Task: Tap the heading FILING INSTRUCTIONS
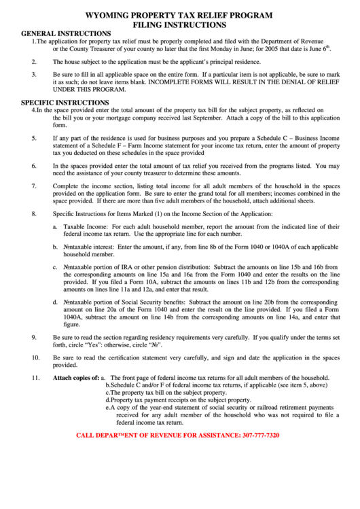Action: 179,24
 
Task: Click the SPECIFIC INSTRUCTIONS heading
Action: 61,102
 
